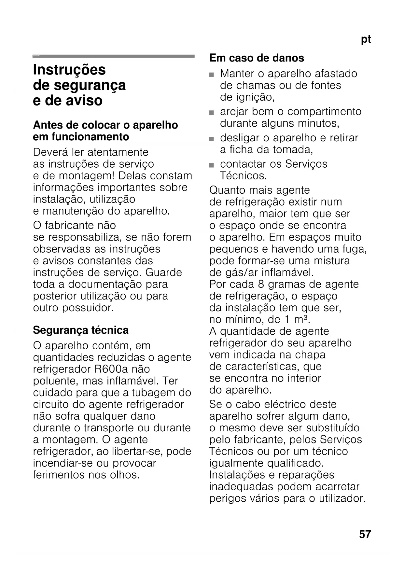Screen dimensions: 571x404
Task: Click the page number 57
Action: coord(365,534)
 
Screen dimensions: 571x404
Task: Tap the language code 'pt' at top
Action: coord(366,39)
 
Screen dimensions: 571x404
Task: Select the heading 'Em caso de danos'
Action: coord(257,58)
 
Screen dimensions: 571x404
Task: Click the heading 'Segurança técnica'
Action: coord(81,330)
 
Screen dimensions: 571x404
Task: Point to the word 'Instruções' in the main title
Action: coord(69,70)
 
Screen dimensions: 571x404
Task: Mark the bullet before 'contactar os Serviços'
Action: coord(212,165)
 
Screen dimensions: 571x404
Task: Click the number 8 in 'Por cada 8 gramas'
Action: coord(261,284)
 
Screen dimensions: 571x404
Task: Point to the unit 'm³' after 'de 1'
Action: coord(301,319)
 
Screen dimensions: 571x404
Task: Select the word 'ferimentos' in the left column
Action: coord(59,475)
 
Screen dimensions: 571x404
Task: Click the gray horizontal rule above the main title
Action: coord(114,56)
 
